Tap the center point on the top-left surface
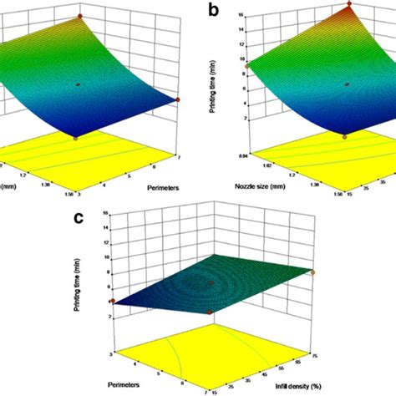(78, 84)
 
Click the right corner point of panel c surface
(312, 272)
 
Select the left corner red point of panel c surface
(109, 302)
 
